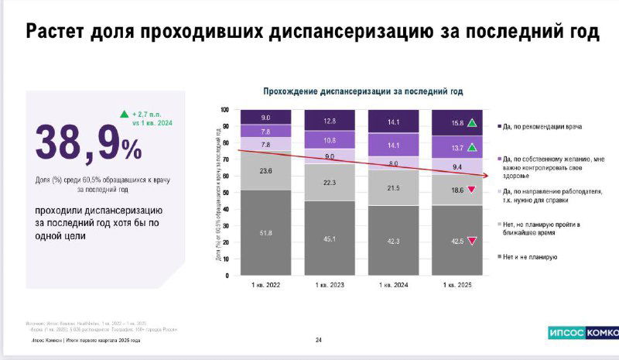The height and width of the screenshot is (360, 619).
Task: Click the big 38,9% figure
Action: pyautogui.click(x=88, y=142)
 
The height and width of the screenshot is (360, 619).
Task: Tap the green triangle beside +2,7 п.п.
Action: pyautogui.click(x=124, y=115)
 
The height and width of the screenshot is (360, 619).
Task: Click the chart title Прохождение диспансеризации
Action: pyautogui.click(x=363, y=91)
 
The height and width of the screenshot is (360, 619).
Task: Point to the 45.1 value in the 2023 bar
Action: pyautogui.click(x=329, y=238)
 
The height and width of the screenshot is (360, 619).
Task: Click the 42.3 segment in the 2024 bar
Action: pyautogui.click(x=393, y=241)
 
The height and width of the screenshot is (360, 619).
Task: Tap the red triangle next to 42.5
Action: pyautogui.click(x=471, y=241)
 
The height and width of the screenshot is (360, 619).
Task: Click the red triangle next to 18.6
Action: pyautogui.click(x=471, y=190)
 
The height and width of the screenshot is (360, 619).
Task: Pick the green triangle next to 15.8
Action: pyautogui.click(x=471, y=123)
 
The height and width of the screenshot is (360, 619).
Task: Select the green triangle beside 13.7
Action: pyautogui.click(x=471, y=148)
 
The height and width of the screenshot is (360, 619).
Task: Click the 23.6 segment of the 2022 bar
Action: pyautogui.click(x=265, y=171)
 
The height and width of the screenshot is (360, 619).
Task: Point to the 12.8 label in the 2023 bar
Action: pyautogui.click(x=329, y=121)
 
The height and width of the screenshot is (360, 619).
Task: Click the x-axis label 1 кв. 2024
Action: pyautogui.click(x=393, y=286)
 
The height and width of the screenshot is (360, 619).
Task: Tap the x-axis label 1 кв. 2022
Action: pyautogui.click(x=265, y=286)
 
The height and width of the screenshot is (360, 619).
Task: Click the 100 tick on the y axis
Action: pyautogui.click(x=225, y=110)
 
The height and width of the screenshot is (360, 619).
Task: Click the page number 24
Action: pyautogui.click(x=318, y=339)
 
